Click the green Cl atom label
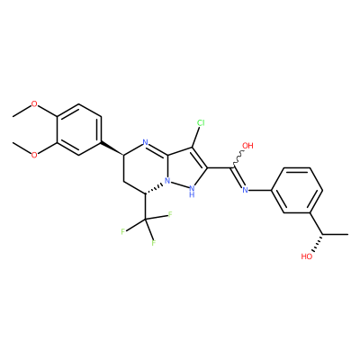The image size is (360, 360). pos(201,122)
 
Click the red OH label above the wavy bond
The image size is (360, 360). pos(247,146)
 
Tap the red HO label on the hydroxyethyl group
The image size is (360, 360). pos(307,256)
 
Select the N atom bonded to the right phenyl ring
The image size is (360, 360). pos(245,190)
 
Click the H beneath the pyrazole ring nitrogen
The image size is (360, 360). pos(192,195)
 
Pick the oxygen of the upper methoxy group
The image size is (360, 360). pos(34,104)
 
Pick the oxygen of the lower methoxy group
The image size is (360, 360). pos(34,155)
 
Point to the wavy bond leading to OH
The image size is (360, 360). pos(238,159)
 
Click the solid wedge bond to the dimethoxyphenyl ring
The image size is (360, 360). pos(112,148)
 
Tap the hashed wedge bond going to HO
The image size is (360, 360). pos(318,243)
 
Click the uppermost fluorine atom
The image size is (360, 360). pos(170,214)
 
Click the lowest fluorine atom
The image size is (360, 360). pos(153,243)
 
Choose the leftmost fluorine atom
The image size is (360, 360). pos(123,231)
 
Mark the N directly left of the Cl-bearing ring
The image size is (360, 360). pos(146,142)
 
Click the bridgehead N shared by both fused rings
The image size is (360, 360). pos(167,181)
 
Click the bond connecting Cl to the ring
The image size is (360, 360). pos(195,138)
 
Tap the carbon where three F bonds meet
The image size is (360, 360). pos(145,220)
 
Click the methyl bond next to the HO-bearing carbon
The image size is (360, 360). pos(336,234)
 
